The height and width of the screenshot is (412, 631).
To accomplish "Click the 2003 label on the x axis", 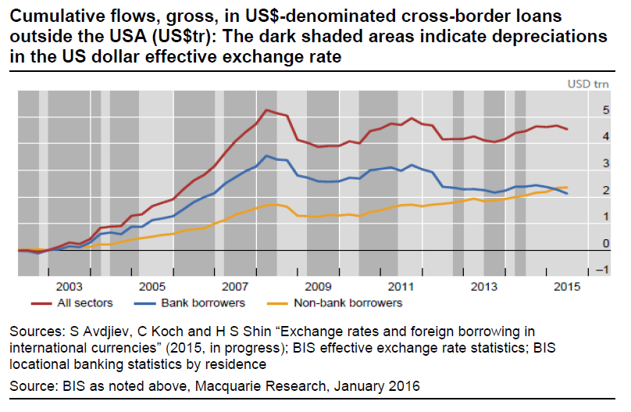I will [69, 287].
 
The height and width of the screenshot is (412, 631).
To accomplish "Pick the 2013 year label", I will [483, 287].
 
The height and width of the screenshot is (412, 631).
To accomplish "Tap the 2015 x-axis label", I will [566, 287].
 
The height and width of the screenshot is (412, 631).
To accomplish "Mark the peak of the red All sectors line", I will [266, 110].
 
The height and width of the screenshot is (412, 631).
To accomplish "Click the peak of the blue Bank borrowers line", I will [267, 156].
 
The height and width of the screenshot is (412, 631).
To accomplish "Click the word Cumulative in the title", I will [51, 16].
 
